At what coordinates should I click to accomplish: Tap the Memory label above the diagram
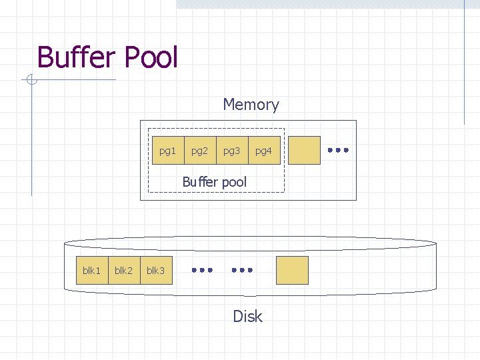pos(251,105)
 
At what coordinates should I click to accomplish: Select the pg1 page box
pos(168,151)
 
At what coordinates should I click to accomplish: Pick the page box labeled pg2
pos(200,151)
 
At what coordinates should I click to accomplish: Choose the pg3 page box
pos(232,151)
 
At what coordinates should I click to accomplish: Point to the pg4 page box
pos(264,151)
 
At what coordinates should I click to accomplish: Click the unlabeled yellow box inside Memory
pos(304,151)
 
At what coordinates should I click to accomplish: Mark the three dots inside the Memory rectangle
pos(339,151)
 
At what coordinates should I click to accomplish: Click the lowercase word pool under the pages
pos(231,182)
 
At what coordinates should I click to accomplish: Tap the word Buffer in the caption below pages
pos(198,182)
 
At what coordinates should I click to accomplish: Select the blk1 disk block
pos(92,270)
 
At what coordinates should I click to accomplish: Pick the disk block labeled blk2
pos(124,270)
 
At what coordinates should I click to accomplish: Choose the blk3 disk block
pos(156,270)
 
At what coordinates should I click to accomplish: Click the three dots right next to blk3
pos(202,270)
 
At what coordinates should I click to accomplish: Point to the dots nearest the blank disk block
pos(242,270)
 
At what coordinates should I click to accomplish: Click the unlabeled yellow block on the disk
pos(292,270)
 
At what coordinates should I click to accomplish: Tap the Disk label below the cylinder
pos(247,317)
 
